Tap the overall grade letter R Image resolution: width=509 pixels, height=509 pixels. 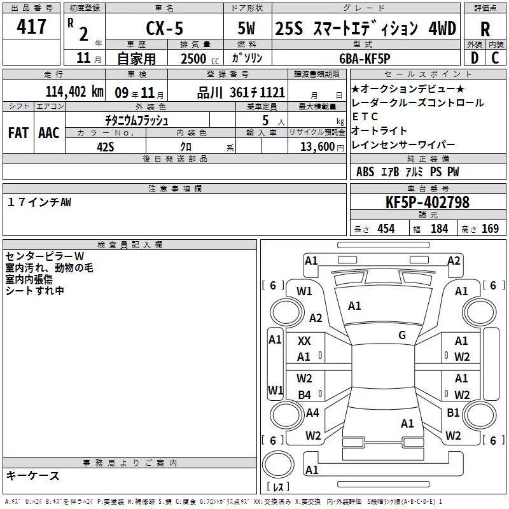click(x=485, y=29)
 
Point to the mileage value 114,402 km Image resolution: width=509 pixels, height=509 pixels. click(x=74, y=91)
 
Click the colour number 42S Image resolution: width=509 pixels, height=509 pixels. click(x=106, y=146)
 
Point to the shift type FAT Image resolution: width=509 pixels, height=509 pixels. click(x=19, y=133)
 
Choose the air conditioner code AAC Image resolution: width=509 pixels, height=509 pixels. click(x=49, y=133)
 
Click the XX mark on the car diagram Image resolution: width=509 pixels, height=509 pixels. click(x=305, y=342)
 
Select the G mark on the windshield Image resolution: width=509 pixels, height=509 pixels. click(x=401, y=335)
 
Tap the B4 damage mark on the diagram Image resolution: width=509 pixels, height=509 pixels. click(x=305, y=395)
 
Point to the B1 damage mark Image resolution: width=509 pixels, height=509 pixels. click(x=453, y=412)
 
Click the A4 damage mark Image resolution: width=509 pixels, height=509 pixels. click(x=312, y=412)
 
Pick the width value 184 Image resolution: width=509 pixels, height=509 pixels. click(x=439, y=229)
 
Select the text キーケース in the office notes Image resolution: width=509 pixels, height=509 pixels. click(x=32, y=475)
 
